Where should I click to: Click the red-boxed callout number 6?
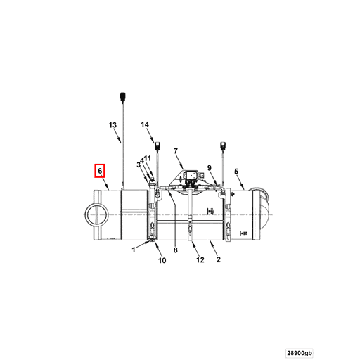100,171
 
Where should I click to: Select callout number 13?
112,125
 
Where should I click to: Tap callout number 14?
146,124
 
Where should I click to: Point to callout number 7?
176,151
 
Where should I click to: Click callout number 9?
209,167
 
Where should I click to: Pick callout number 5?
236,171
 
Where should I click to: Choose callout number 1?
134,249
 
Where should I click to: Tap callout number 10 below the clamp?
161,261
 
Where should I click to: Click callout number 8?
176,249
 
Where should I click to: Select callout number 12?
200,260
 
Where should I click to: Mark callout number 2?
219,259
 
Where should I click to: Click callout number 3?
139,164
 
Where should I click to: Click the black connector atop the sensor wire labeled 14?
158,147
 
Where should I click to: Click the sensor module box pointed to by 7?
189,174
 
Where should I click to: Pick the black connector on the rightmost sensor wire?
224,146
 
